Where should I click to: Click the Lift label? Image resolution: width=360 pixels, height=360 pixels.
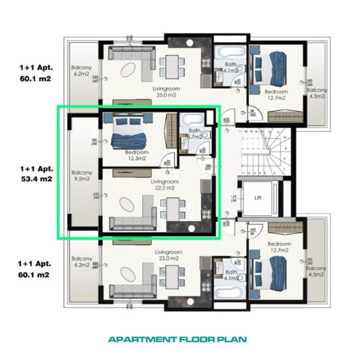pyautogui.click(x=258, y=198)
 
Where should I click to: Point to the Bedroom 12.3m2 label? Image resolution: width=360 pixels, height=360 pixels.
pyautogui.click(x=137, y=156)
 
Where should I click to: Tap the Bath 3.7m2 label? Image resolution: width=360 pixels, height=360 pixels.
pyautogui.click(x=195, y=134)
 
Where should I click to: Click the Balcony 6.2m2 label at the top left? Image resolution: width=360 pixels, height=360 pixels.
pyautogui.click(x=82, y=70)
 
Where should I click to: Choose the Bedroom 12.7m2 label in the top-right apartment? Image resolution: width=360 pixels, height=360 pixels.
pyautogui.click(x=275, y=95)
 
